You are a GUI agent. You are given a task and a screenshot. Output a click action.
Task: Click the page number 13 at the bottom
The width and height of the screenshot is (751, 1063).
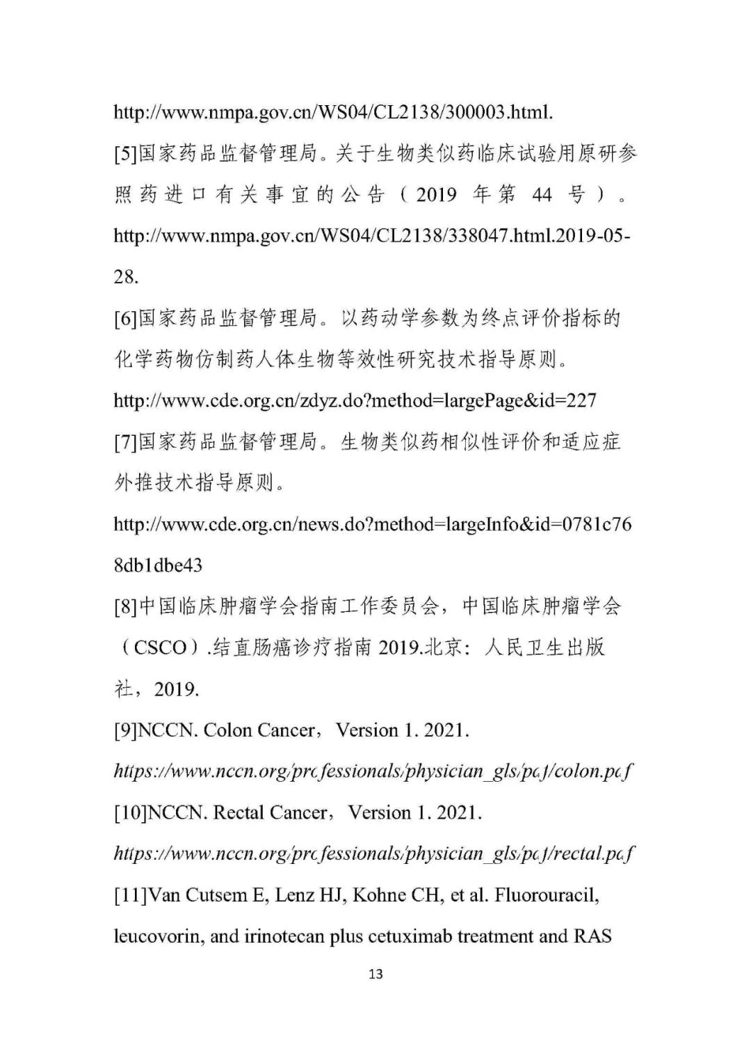375,974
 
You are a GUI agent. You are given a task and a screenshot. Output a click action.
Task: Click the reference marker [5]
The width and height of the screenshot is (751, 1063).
126,154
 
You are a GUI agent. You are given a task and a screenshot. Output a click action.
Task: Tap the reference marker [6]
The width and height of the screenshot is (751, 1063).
126,319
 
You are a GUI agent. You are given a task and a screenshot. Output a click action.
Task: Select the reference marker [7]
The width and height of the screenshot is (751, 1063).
126,442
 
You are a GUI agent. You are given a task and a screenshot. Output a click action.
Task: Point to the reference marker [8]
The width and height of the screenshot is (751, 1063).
126,607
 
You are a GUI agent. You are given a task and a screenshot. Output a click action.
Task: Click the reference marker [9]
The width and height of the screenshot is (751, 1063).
126,730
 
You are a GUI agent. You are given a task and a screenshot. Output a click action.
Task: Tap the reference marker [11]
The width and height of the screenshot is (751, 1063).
131,895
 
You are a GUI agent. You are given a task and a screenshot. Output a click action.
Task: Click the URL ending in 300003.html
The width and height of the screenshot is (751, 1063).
333,112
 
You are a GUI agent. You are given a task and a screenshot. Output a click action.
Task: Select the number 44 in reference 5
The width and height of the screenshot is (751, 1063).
542,195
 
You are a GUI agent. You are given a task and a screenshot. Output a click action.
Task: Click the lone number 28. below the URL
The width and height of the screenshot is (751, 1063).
126,277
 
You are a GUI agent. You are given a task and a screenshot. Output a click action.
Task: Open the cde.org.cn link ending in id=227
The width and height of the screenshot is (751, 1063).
355,401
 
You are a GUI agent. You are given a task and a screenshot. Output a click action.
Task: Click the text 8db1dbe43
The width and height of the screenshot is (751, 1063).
158,565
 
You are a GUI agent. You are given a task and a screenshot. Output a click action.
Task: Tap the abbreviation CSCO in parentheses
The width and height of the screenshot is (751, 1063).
161,648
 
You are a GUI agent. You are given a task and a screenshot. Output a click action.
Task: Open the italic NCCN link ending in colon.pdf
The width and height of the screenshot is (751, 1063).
373,771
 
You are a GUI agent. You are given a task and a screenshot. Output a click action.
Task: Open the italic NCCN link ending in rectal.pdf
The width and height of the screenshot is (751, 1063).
374,853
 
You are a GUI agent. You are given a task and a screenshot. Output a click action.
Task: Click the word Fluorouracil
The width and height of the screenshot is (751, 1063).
547,895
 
